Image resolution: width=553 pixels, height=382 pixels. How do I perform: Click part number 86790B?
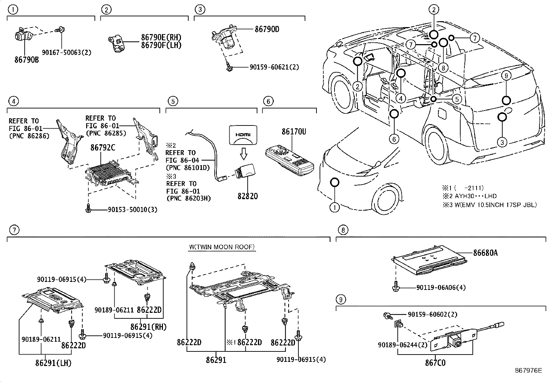(x=26, y=60)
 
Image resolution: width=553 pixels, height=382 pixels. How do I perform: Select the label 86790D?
(x=267, y=29)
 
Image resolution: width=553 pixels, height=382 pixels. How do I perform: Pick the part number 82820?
(x=248, y=196)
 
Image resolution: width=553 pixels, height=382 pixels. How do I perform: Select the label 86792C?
(x=103, y=147)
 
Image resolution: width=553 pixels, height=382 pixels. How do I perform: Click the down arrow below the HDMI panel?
(x=243, y=152)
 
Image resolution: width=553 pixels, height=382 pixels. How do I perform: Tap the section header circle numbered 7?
(x=13, y=230)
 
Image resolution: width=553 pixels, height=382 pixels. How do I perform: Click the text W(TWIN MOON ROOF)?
(x=222, y=247)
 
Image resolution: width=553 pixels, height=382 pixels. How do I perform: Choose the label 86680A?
(x=485, y=253)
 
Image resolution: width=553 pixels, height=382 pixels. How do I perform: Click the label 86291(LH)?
(x=53, y=363)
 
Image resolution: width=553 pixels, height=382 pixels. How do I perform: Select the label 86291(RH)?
(x=149, y=327)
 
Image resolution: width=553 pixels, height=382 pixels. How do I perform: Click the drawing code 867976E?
(x=528, y=371)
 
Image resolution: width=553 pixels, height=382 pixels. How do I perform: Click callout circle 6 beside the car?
(x=394, y=139)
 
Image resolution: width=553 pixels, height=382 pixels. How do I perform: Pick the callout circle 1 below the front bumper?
(x=334, y=208)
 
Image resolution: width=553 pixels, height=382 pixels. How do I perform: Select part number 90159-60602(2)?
(x=432, y=314)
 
